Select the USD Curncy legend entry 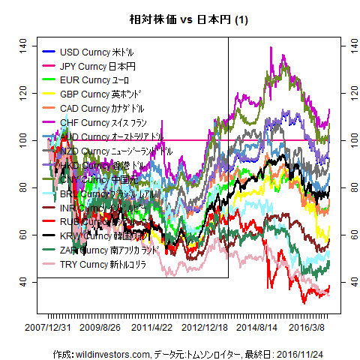(94, 52)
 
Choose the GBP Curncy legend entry (94, 93)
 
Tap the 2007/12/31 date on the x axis (48, 328)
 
